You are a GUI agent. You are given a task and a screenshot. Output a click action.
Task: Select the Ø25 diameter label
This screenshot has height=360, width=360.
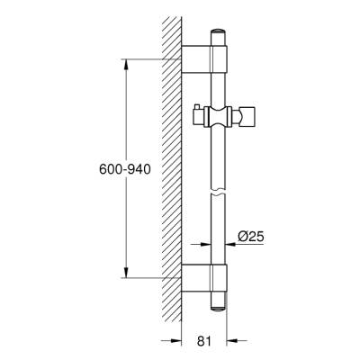(x=249, y=237)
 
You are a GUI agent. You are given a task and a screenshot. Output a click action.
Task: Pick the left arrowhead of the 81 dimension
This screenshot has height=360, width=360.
(x=176, y=340)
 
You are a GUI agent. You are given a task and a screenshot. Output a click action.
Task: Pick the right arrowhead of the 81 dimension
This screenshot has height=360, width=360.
(x=231, y=340)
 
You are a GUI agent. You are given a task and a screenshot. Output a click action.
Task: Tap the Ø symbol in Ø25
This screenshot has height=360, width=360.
(x=240, y=237)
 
